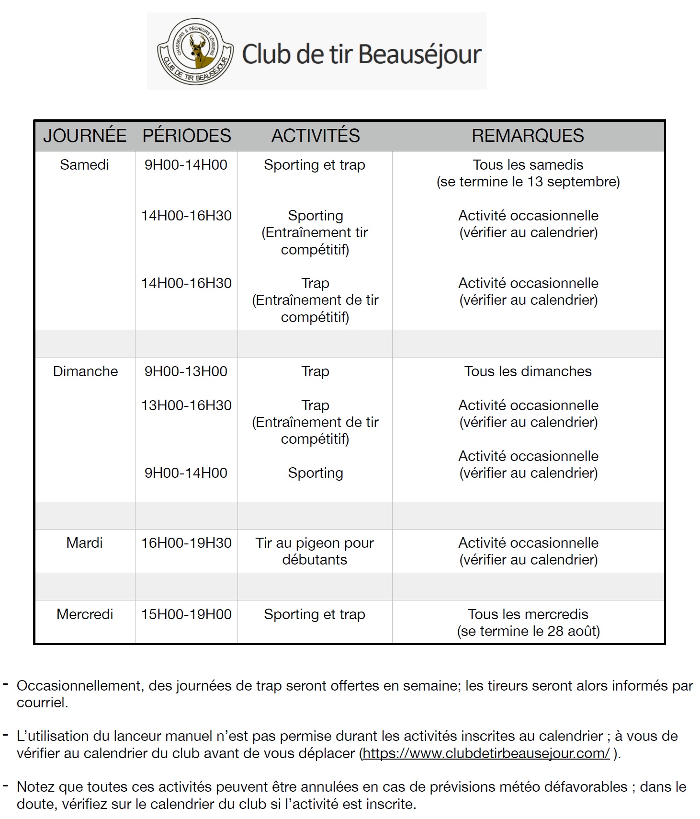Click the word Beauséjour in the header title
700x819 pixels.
419,54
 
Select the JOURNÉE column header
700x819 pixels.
85,136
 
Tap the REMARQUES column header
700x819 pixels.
528,136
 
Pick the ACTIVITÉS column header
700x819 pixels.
315,136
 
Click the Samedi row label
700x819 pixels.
84,165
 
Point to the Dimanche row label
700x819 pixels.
85,371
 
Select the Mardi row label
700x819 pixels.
84,543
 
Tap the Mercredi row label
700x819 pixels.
85,614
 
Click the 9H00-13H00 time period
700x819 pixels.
186,371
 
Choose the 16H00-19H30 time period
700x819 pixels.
186,543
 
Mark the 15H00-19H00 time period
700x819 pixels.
186,614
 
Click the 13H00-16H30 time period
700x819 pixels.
186,405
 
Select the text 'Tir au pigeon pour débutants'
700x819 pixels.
315,551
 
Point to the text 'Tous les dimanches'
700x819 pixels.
528,371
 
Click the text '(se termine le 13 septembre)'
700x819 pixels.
528,182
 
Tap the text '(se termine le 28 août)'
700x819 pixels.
528,631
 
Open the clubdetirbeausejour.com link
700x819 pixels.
486,753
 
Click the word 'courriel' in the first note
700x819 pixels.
42,703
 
